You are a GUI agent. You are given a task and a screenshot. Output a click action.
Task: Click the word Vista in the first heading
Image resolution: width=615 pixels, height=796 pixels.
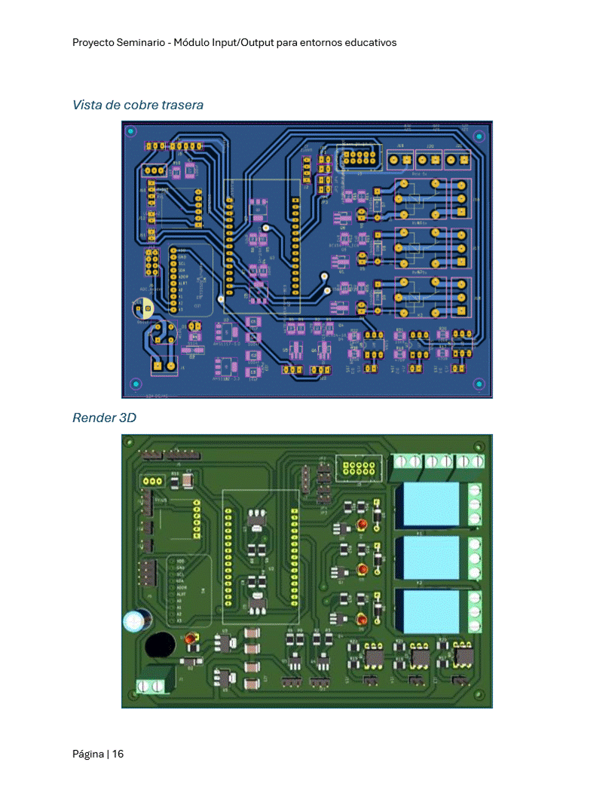[86, 105]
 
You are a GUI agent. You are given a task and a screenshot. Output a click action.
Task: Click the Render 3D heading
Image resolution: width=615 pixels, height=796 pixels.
[104, 418]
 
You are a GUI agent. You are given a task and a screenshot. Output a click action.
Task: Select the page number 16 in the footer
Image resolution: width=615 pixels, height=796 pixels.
[118, 754]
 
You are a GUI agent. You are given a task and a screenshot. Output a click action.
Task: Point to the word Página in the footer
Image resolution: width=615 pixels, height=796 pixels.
[88, 754]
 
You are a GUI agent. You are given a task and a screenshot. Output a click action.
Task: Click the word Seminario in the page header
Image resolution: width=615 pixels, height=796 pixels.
[142, 43]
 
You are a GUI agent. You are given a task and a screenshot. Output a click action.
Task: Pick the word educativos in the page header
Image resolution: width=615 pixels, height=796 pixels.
[370, 43]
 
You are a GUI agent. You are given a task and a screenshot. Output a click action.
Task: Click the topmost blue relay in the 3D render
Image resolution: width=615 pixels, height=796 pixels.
[432, 504]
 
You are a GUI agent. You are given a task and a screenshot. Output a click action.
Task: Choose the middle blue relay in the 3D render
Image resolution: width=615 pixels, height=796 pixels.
[432, 557]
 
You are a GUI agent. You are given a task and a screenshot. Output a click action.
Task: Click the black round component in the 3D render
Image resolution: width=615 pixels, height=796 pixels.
[160, 645]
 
